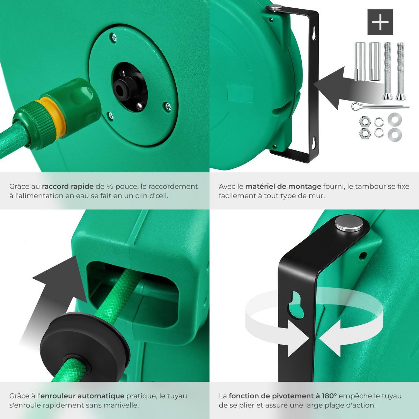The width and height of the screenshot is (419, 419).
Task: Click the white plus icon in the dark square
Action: point(380,22)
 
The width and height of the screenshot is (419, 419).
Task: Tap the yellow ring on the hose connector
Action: point(52,117)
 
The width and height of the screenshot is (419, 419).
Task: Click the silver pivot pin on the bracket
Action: point(348,223)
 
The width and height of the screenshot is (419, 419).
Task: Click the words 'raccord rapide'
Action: point(67,186)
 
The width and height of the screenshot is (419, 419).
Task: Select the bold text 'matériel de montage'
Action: point(283,186)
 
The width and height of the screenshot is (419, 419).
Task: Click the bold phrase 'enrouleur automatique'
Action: point(82,396)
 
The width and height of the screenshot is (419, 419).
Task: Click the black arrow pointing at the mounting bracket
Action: point(332,87)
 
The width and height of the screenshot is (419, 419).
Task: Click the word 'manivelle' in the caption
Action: point(122,405)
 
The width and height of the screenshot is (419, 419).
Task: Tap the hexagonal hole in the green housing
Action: point(362,256)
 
